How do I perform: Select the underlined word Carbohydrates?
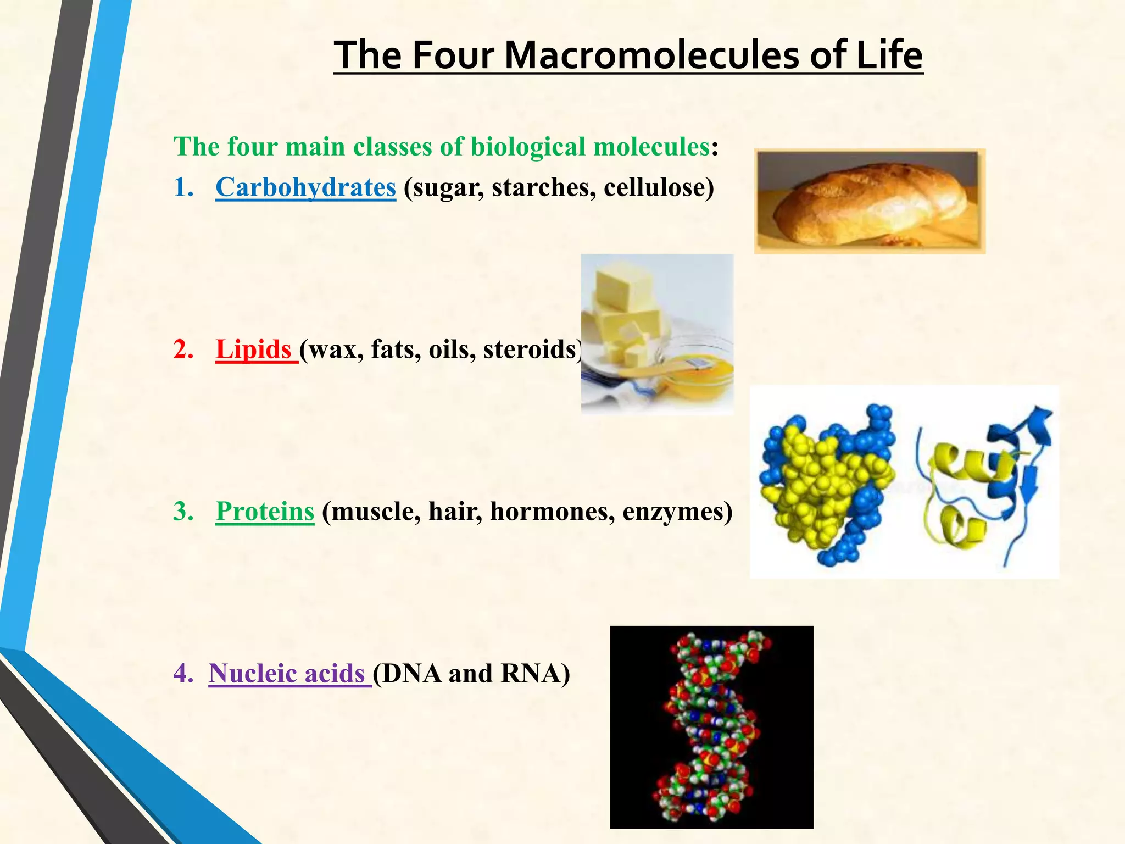(305, 187)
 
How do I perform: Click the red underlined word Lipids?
(253, 349)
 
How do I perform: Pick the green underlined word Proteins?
(265, 512)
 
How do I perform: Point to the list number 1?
(182, 187)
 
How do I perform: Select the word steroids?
(531, 349)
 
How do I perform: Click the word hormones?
(552, 512)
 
